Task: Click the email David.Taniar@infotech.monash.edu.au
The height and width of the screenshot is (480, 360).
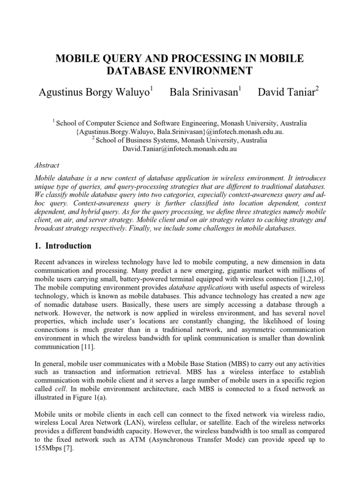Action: pyautogui.click(x=180, y=149)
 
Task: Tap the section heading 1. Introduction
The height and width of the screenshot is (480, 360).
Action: pyautogui.click(x=63, y=246)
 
